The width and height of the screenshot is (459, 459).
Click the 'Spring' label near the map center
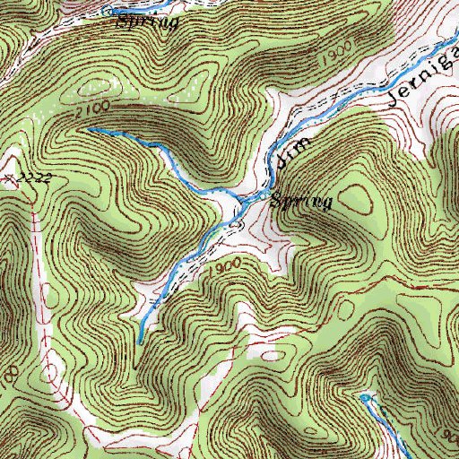tap(302, 203)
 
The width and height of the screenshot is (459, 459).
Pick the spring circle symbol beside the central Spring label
tap(263, 195)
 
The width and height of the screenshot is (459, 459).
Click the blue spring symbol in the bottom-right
tap(364, 395)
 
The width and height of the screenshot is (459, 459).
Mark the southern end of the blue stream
tap(138, 342)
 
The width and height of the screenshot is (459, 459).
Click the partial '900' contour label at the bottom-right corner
tap(449, 436)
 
